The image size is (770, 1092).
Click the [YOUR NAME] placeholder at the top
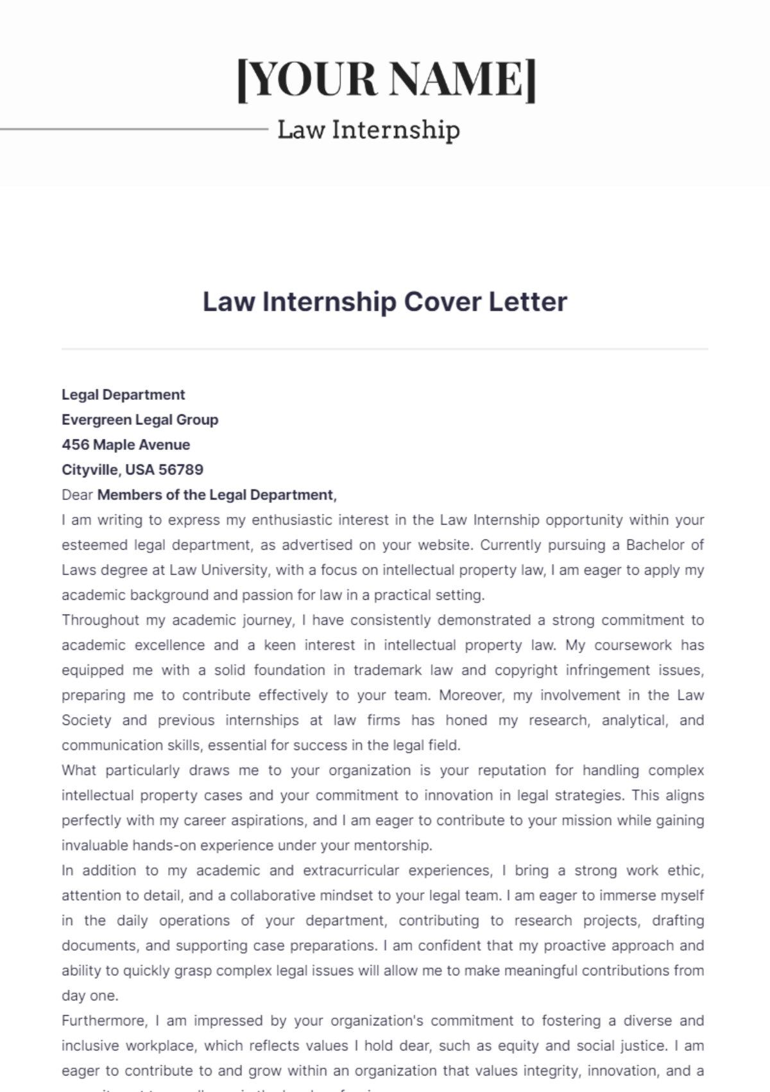(x=386, y=79)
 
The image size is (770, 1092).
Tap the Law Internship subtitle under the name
(x=368, y=130)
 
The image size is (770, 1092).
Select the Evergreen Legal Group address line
(x=140, y=420)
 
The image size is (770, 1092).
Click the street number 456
(x=75, y=445)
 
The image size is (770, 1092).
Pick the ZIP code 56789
(x=181, y=470)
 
